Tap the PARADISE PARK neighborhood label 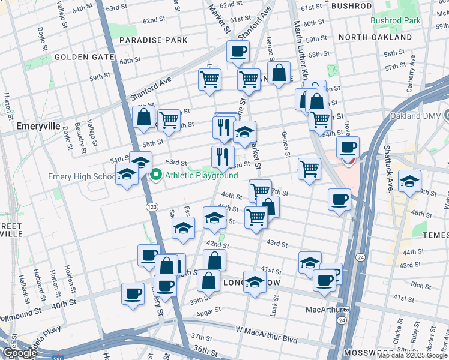click(x=153, y=40)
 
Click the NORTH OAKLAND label click(x=375, y=37)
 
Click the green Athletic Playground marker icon click(x=157, y=175)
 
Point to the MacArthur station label click(x=323, y=310)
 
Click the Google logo click(x=20, y=353)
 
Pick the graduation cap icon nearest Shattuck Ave click(x=409, y=182)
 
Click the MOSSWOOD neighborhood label click(x=365, y=353)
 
